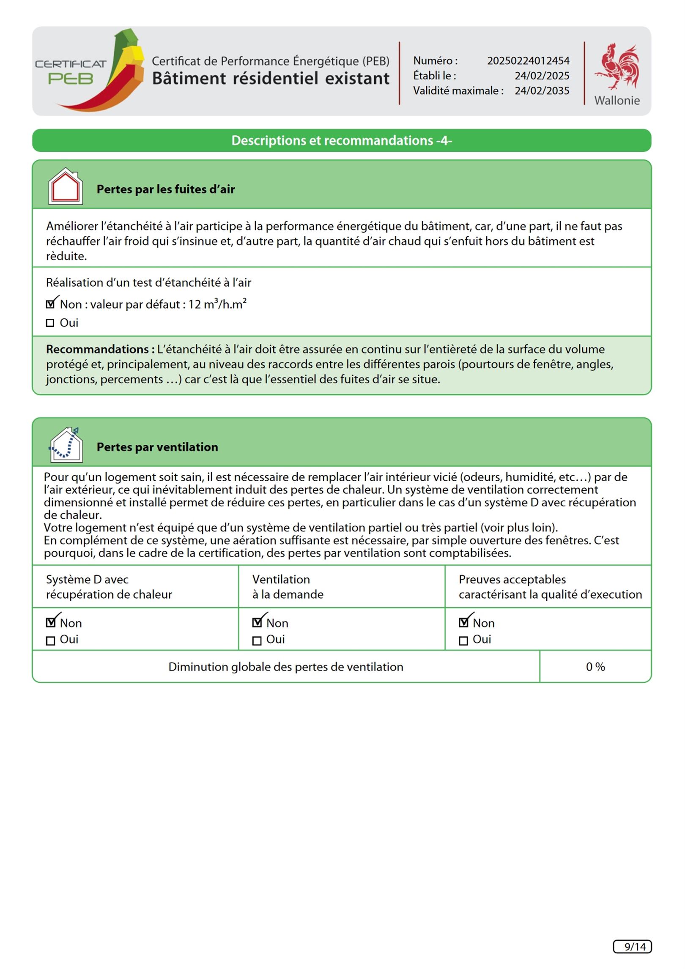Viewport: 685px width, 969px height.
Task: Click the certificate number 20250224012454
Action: [528, 61]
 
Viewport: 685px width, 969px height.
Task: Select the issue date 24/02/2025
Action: [542, 76]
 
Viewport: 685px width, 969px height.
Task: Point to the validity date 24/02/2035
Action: [542, 91]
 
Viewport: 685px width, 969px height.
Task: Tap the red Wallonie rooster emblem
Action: [618, 67]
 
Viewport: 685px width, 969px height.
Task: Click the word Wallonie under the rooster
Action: [617, 101]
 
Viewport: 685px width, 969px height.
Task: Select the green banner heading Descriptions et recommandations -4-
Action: [342, 140]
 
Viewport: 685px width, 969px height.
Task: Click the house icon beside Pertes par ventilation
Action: [66, 445]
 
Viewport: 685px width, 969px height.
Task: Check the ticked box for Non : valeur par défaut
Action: [50, 304]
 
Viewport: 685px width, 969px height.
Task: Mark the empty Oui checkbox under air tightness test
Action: [50, 323]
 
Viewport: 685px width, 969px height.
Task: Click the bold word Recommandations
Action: [100, 349]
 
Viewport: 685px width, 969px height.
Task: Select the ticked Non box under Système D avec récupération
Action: [50, 622]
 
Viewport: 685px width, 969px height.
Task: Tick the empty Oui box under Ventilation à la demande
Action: [257, 641]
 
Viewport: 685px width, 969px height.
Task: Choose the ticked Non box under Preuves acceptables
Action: [463, 622]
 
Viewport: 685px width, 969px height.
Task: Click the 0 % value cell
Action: [595, 667]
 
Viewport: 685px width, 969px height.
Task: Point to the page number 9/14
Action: [632, 947]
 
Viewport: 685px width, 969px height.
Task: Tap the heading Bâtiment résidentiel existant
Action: [271, 79]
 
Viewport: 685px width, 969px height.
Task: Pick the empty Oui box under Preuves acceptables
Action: [463, 641]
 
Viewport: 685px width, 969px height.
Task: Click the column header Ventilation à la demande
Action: [288, 587]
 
